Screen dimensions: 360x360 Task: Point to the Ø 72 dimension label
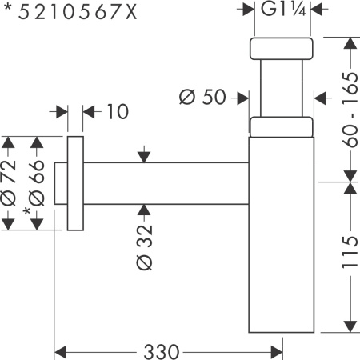(x=9, y=184)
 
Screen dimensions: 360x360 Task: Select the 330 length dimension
(x=162, y=351)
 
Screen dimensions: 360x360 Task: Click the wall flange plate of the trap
(x=76, y=184)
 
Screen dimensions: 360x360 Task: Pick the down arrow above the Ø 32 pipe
(x=143, y=156)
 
